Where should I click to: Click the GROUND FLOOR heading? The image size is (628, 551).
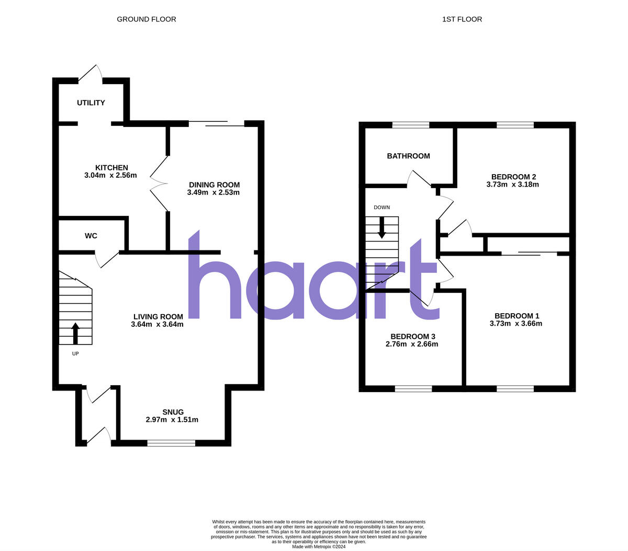(146, 19)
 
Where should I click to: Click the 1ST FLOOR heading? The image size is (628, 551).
(462, 19)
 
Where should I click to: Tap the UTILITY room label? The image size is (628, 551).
(91, 103)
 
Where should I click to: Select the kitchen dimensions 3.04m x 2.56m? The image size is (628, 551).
(110, 176)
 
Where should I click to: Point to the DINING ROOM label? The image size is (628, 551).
(214, 185)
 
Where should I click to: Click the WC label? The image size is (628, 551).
(91, 236)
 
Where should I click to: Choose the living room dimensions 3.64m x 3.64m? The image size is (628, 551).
(157, 324)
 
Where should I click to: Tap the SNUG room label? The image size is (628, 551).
(172, 412)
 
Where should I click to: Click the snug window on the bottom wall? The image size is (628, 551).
(171, 443)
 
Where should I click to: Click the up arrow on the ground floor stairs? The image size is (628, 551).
(75, 333)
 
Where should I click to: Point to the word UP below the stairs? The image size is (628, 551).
(75, 353)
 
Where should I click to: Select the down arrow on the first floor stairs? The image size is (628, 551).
(382, 227)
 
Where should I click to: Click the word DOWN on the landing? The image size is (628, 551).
(382, 208)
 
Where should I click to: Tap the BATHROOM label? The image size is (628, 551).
(408, 156)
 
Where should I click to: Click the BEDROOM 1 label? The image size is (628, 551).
(517, 316)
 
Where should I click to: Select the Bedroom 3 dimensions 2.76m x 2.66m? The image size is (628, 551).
(412, 344)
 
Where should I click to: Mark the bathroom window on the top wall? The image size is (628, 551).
(411, 125)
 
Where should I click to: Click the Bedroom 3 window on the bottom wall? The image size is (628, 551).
(413, 388)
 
